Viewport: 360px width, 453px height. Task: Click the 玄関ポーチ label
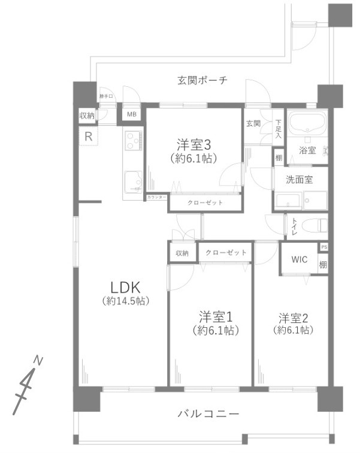202,80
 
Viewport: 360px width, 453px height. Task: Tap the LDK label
125,286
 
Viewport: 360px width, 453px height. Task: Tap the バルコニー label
208,414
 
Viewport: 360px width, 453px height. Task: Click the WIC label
300,259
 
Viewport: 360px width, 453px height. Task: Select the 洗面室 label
298,179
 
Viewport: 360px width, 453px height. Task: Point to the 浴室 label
307,151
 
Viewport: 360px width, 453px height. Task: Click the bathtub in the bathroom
307,125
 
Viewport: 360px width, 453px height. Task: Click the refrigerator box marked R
88,136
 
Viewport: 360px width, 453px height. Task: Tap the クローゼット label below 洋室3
205,203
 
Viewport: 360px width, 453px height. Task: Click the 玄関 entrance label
253,123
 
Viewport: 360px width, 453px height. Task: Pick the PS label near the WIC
324,247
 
